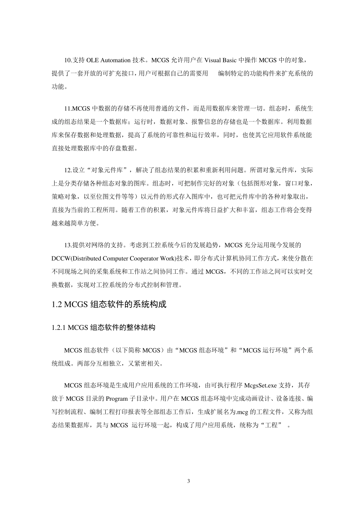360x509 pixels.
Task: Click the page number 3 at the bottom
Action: [189, 481]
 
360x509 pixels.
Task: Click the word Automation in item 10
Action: [115, 60]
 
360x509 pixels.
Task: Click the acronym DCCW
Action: [60, 258]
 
